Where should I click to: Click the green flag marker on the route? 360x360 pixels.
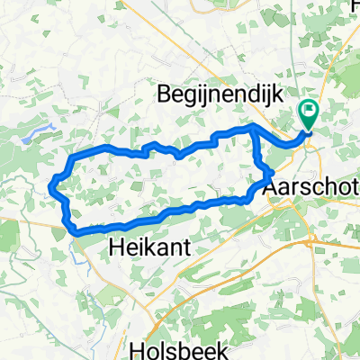click(310, 112)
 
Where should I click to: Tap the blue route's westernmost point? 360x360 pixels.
click(52, 186)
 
